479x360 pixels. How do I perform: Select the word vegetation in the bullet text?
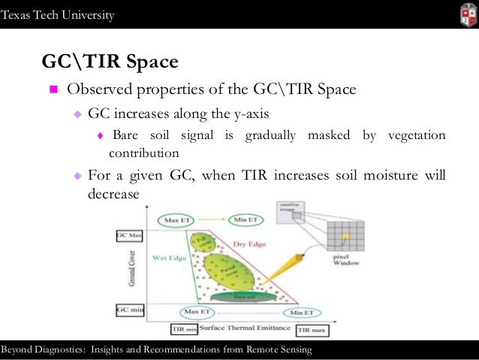(x=417, y=135)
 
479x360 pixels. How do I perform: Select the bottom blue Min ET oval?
(x=303, y=312)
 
